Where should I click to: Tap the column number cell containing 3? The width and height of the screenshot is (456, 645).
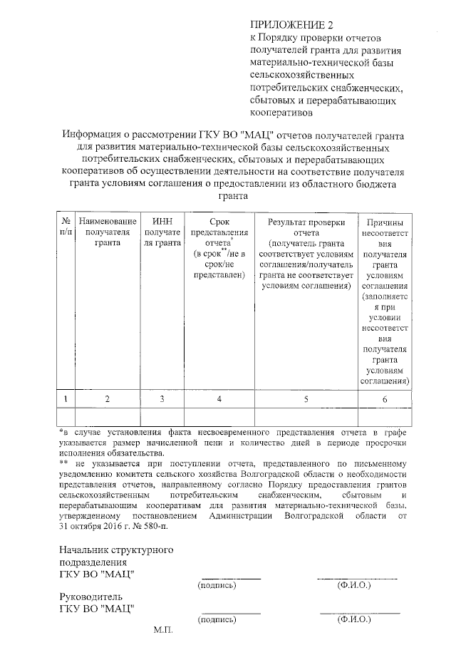pyautogui.click(x=162, y=399)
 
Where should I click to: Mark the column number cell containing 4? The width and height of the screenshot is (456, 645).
pyautogui.click(x=219, y=399)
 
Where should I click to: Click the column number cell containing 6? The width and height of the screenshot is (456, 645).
pyautogui.click(x=384, y=399)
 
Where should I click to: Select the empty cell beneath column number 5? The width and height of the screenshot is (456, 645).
pyautogui.click(x=306, y=416)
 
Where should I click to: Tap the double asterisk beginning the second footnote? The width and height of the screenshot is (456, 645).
pyautogui.click(x=63, y=463)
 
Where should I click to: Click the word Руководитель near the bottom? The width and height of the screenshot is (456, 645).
pyautogui.click(x=91, y=596)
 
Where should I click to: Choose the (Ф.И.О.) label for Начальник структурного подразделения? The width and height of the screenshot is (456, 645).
pyautogui.click(x=354, y=584)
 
